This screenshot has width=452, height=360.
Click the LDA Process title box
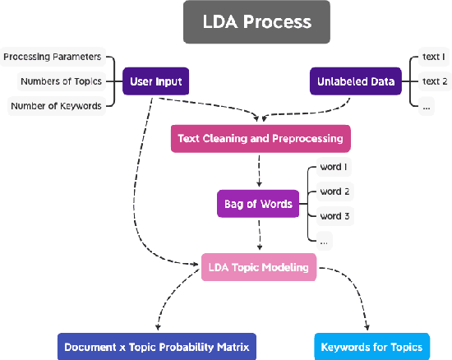(256, 22)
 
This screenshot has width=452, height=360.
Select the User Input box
(155, 81)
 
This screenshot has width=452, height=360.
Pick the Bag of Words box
(258, 204)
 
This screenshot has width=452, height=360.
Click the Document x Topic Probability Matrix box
(157, 347)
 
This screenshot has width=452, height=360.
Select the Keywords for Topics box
(371, 347)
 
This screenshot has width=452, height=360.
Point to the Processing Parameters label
(53, 57)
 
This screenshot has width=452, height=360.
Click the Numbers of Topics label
(60, 81)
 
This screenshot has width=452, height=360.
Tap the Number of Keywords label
(56, 105)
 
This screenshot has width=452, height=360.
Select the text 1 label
(433, 58)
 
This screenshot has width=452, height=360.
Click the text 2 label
(433, 81)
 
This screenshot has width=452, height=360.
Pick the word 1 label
(334, 168)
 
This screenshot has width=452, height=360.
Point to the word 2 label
(334, 192)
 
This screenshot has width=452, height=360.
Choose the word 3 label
(334, 216)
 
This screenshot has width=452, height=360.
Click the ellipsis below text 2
(427, 106)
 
